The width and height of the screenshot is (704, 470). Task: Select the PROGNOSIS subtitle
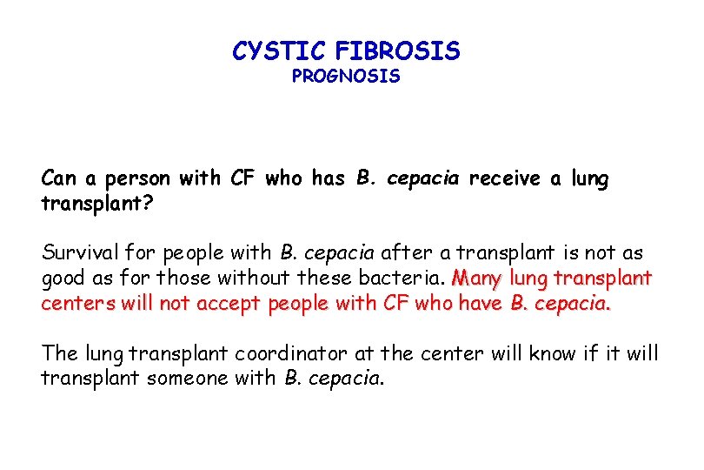346,77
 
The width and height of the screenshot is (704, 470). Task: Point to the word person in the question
140,180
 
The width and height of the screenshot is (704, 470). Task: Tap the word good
62,279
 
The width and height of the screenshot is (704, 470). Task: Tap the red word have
481,304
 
